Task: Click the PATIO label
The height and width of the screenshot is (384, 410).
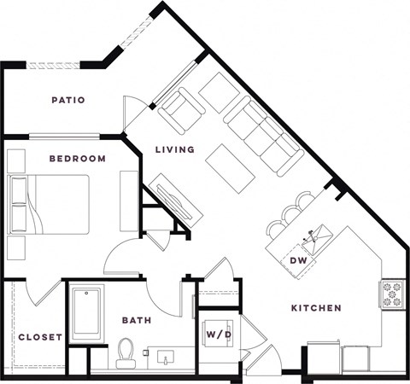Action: tap(68, 100)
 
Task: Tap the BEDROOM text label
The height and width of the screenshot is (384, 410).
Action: tap(77, 159)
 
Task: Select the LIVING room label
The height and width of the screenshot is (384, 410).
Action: tap(174, 149)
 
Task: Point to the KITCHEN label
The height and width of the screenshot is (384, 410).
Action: tap(316, 308)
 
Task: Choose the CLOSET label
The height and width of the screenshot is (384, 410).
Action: tap(40, 337)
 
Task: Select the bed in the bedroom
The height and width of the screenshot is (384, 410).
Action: tap(49, 205)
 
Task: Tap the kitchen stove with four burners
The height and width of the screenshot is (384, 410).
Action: tap(391, 294)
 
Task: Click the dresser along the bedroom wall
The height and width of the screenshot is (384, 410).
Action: tap(129, 201)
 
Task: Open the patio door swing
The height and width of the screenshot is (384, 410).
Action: tap(135, 113)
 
